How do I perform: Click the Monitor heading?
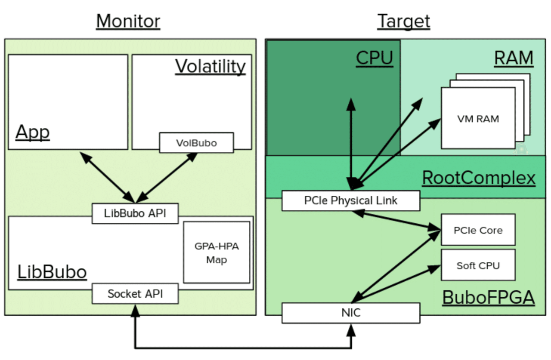point(128,21)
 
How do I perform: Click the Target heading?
point(403,21)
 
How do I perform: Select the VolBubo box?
point(196,143)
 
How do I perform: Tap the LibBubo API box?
point(135,213)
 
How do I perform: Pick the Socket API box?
point(135,294)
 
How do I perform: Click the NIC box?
point(351,313)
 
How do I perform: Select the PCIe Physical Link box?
point(351,200)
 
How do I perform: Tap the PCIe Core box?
point(478,230)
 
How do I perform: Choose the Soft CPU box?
point(478,265)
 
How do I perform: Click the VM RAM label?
point(478,119)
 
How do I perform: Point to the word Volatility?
point(210,67)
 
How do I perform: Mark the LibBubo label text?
point(52,272)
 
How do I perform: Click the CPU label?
point(375,58)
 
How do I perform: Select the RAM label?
point(514,58)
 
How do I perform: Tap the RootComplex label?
point(479,177)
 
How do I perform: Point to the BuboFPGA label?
point(488,297)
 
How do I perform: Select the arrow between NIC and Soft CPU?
point(396,284)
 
